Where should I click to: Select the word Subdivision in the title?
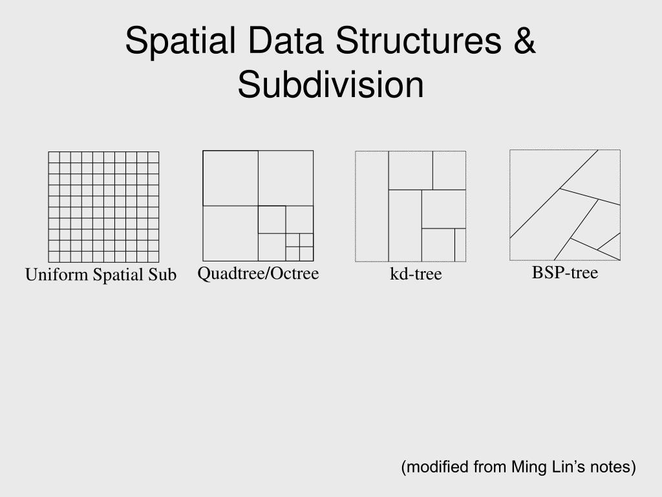[330, 85]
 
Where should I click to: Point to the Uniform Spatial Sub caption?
[101, 275]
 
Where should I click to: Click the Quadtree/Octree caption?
[258, 274]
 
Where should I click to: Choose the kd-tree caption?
[415, 274]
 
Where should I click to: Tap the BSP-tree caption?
[565, 273]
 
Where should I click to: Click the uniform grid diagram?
[103, 206]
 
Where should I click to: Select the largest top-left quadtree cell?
[230, 178]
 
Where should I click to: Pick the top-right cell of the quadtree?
[286, 178]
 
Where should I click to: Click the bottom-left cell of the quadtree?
[230, 233]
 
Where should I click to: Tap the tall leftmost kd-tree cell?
[372, 206]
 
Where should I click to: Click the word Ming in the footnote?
[528, 467]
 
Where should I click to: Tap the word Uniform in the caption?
[56, 275]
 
